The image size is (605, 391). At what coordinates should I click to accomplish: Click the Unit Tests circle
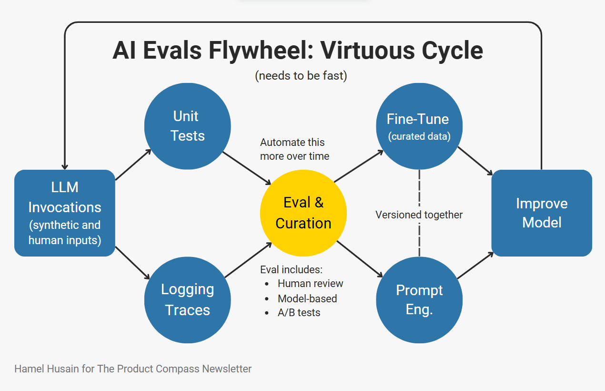point(188,126)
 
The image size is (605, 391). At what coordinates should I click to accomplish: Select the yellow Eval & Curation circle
point(303,213)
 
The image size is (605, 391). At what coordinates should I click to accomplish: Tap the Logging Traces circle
point(188,299)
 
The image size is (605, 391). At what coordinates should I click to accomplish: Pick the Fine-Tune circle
point(419,126)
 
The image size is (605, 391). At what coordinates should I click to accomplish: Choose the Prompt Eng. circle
point(419,299)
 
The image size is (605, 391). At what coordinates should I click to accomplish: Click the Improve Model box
point(542,213)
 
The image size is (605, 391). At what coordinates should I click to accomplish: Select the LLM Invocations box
point(65,213)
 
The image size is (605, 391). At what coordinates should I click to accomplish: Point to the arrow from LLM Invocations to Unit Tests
point(133,165)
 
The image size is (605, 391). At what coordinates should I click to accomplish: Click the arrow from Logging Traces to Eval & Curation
point(248,260)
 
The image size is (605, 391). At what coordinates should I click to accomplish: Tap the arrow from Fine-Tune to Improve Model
point(475,161)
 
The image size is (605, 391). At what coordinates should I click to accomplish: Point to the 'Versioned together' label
point(419,215)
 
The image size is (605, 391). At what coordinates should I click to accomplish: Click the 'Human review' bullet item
point(310,284)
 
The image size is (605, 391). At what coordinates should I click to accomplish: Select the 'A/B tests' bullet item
point(299,313)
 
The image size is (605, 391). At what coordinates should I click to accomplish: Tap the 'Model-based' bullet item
point(307,298)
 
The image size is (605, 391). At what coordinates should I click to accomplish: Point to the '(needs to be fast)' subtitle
point(301,75)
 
